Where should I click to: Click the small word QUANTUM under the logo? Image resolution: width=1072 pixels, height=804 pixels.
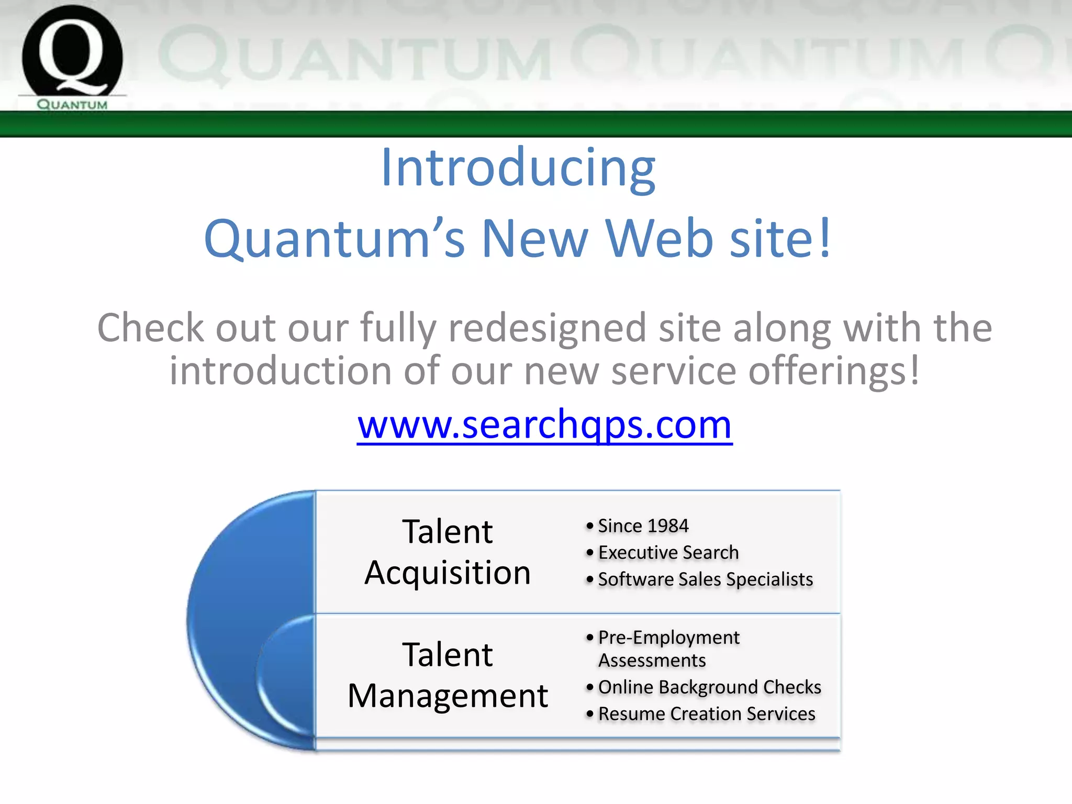click(72, 105)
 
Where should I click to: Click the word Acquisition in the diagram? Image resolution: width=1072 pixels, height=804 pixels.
click(448, 572)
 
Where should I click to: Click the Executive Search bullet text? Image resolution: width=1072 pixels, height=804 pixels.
click(668, 552)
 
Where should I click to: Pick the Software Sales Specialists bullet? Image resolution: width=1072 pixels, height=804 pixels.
click(705, 579)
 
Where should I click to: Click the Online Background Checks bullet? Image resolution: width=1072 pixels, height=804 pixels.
click(709, 687)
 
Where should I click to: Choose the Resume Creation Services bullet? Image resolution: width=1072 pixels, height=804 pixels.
click(707, 713)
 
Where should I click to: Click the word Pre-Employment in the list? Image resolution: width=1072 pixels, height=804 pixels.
click(668, 637)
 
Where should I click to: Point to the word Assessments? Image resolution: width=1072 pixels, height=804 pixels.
click(652, 661)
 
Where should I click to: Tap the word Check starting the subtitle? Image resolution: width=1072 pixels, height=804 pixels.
click(150, 328)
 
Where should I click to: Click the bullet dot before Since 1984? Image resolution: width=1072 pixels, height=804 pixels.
click(590, 526)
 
